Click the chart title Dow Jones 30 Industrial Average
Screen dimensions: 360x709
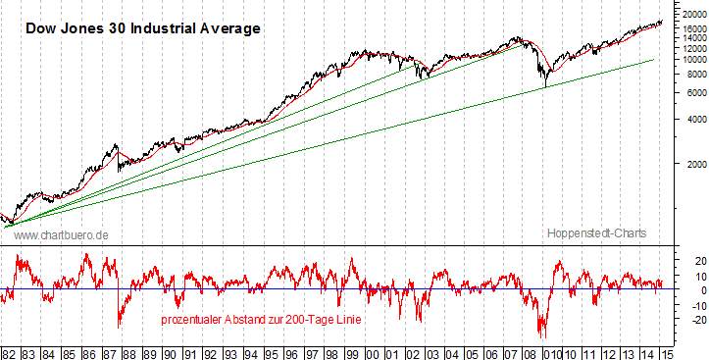142,28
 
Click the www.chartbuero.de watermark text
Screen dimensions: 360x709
61,235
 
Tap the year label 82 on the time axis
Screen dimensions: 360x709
9,352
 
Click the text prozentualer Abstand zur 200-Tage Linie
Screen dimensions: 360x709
260,321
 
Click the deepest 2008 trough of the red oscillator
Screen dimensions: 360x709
541,336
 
